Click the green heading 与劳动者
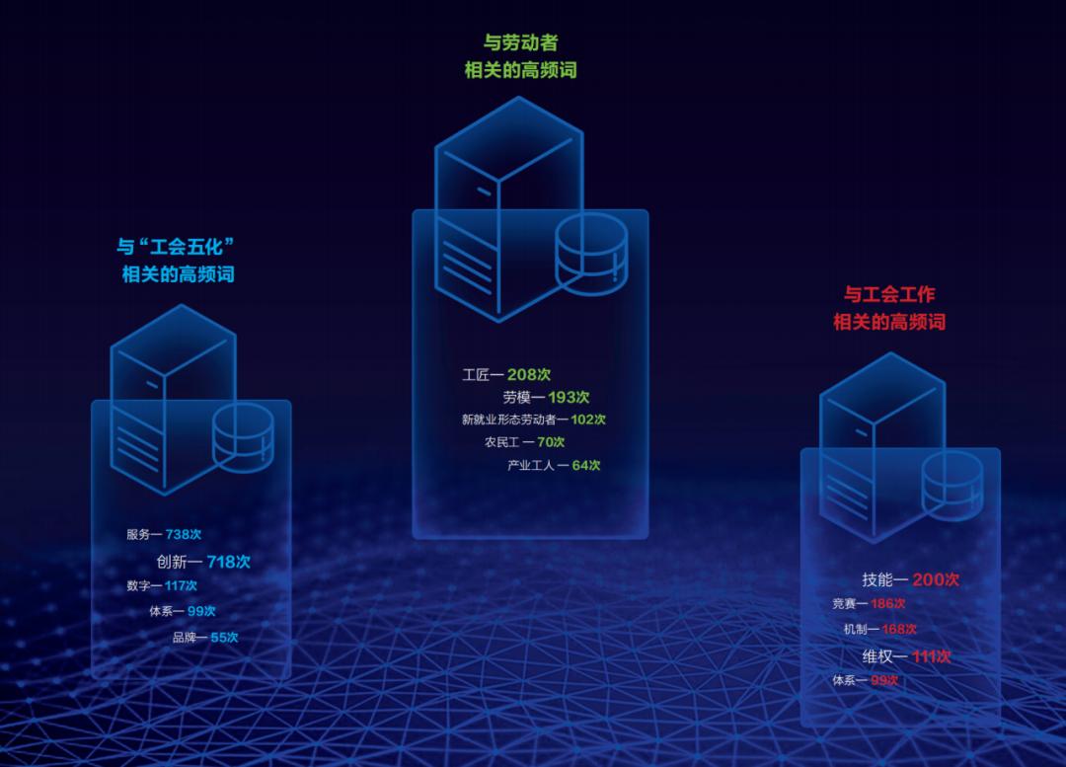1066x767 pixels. pos(520,42)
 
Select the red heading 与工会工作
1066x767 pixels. pos(889,294)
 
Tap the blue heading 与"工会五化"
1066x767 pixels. pos(176,246)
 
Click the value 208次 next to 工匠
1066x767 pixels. pos(529,374)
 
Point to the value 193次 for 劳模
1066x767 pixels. pos(569,397)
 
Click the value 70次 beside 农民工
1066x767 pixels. pos(551,442)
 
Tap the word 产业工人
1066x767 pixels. pos(531,466)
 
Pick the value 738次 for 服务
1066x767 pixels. pos(184,534)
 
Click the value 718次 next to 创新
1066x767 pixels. pos(228,562)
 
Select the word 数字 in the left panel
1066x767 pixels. pos(136,586)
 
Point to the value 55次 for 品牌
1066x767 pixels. pos(224,638)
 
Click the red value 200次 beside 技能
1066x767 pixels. pos(936,579)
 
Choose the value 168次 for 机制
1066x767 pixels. pos(899,630)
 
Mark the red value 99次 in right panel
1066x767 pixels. pos(884,680)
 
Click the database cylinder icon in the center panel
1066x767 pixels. pos(591,255)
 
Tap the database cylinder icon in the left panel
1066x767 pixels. pos(244,438)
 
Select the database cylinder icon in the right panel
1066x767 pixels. pos(952,487)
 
